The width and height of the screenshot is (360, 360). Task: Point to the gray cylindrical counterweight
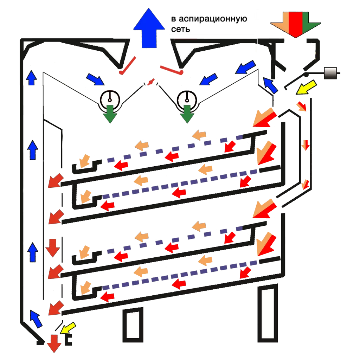pyautogui.click(x=330, y=73)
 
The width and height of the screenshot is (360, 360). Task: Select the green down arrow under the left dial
pyautogui.click(x=110, y=113)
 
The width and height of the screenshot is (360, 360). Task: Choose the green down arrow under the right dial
pyautogui.click(x=187, y=113)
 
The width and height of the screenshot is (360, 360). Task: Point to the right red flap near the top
pyautogui.click(x=172, y=70)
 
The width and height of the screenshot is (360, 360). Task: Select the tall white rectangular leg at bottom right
pyautogui.click(x=268, y=313)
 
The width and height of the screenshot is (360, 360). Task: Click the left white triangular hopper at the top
pyautogui.click(x=105, y=51)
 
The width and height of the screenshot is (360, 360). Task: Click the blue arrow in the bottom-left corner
pyautogui.click(x=36, y=318)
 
